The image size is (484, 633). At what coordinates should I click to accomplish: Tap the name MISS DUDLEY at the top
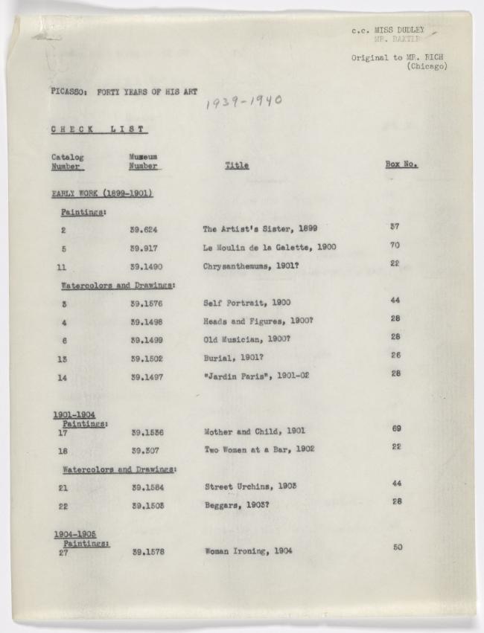click(399, 30)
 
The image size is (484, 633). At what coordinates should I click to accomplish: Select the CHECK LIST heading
click(98, 129)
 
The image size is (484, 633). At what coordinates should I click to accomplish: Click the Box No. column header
click(401, 164)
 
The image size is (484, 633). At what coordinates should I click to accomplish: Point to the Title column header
click(237, 166)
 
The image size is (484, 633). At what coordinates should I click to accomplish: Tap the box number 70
click(395, 244)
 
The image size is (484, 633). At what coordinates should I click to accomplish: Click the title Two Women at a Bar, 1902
click(259, 449)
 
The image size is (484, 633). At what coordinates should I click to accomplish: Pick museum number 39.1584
click(147, 486)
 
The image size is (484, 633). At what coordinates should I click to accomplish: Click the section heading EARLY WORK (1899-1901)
click(102, 194)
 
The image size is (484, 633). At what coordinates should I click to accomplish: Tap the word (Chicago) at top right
click(427, 67)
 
